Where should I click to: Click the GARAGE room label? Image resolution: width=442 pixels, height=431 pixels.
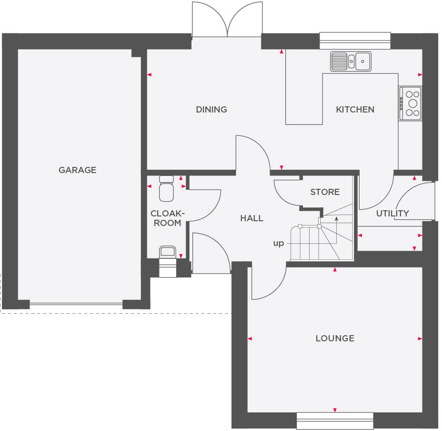point(77,170)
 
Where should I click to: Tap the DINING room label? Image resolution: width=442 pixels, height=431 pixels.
point(211,109)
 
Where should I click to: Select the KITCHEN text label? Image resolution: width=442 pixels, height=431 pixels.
point(355,109)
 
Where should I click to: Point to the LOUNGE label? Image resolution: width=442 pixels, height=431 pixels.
point(335,338)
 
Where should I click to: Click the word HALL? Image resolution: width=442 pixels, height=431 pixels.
point(251,218)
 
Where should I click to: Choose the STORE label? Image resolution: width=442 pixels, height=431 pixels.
point(325,192)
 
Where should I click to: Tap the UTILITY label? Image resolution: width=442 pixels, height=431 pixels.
point(392,213)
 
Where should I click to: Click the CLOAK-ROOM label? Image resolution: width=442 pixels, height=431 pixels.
point(167,218)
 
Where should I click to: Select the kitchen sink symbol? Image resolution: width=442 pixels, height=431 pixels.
point(351,61)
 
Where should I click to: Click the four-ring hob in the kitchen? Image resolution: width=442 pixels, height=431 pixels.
point(411,103)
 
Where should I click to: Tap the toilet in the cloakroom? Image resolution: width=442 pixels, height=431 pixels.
point(166,188)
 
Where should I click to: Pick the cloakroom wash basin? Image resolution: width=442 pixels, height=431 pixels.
point(167,252)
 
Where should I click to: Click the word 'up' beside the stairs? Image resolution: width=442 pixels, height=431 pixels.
point(278,243)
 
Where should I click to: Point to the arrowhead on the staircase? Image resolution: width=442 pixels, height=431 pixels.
point(337,219)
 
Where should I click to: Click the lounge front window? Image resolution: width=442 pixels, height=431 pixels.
point(335,421)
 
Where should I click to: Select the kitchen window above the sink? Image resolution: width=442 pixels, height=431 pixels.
point(355,41)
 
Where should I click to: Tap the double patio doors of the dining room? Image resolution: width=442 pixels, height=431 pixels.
point(227,21)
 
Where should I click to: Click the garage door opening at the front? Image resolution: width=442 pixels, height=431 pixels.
point(76,303)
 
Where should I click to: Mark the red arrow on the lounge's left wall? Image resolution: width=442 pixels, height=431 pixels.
point(250,339)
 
